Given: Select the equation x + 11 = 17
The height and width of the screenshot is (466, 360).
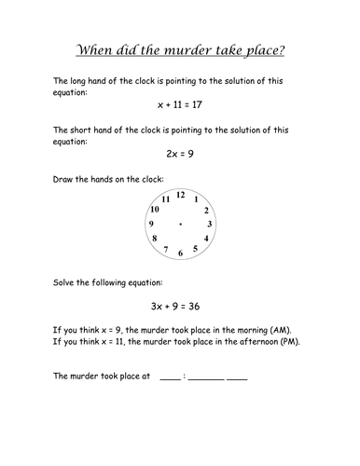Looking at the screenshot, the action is (x=179, y=106).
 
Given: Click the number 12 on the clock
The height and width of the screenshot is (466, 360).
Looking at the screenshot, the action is (x=180, y=195).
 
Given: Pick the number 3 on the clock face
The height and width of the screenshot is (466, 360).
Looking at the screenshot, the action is (x=210, y=225).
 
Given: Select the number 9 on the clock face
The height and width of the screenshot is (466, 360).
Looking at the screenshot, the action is (x=151, y=225).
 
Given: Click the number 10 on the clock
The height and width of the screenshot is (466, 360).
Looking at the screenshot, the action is (x=155, y=210).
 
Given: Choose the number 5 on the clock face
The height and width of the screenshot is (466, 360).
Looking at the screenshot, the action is (x=195, y=249).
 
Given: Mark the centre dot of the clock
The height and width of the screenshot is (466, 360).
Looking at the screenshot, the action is (x=180, y=225).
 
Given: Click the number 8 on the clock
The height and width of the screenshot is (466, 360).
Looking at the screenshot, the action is (x=155, y=240).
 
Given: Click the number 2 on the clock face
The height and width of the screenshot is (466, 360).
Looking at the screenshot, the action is (x=206, y=210).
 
